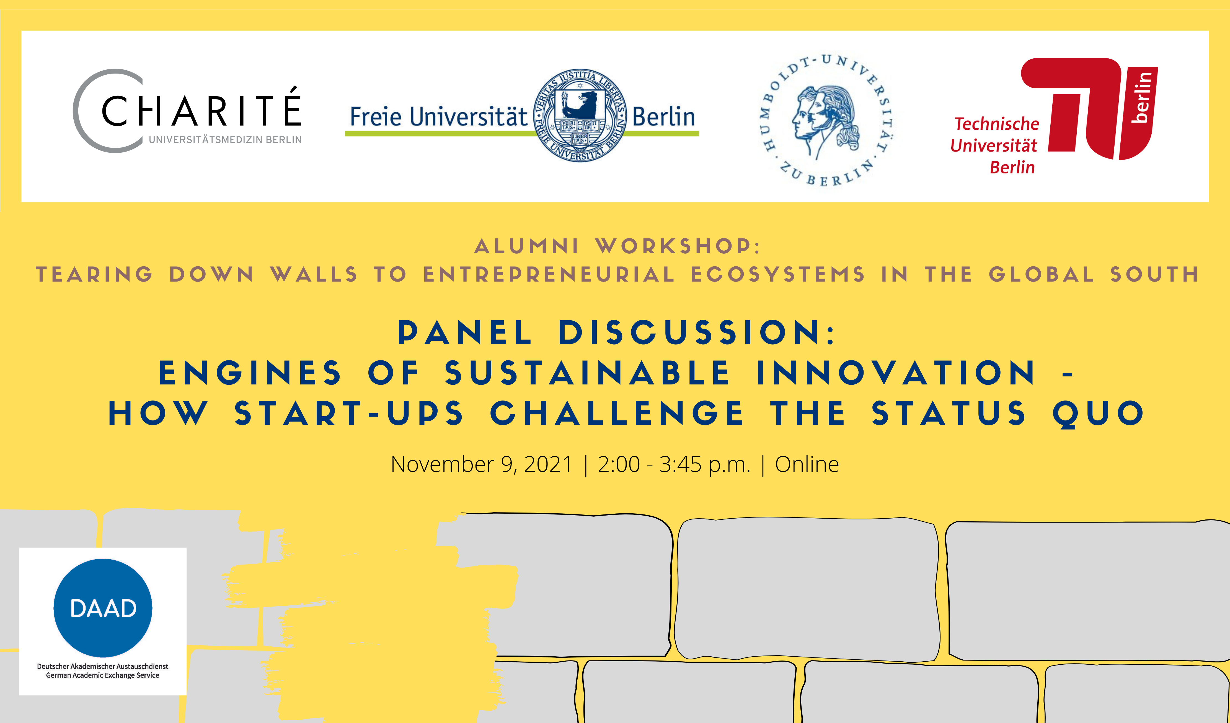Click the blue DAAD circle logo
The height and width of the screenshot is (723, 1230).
(102, 608)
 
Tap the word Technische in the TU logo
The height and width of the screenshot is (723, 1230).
(997, 124)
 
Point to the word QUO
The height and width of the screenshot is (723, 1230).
(1098, 414)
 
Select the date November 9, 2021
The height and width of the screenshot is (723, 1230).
(481, 464)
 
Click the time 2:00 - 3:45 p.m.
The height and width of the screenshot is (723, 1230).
(674, 464)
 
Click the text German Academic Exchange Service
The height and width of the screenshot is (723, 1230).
(102, 676)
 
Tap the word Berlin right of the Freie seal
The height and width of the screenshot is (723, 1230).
(663, 117)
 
